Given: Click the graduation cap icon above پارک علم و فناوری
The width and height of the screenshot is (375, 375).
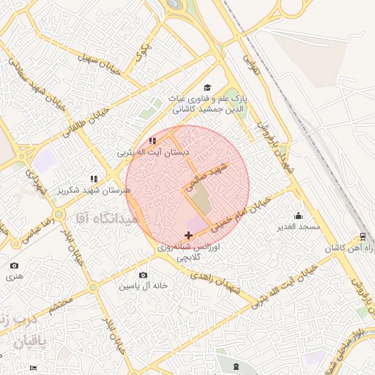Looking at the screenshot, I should tap(207, 88).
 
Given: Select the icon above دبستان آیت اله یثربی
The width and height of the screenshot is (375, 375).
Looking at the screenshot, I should tap(152, 141).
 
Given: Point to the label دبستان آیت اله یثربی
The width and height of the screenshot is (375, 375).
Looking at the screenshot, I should tap(154, 153).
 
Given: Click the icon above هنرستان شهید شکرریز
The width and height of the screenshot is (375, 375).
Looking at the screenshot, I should tap(93, 178).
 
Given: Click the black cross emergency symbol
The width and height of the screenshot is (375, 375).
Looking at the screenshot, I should tap(189, 235).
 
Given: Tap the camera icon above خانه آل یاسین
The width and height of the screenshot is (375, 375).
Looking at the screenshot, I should tap(144, 275).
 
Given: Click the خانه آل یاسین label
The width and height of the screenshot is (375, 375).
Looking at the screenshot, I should tap(145, 285).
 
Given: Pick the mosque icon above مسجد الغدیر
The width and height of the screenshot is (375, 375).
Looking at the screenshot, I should tap(298, 215).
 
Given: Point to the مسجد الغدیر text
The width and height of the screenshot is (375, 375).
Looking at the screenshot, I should tap(299, 227).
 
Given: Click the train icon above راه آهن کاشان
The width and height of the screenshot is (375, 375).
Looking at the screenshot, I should tap(363, 237).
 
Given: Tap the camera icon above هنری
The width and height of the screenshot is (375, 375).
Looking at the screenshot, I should tap(15, 265).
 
